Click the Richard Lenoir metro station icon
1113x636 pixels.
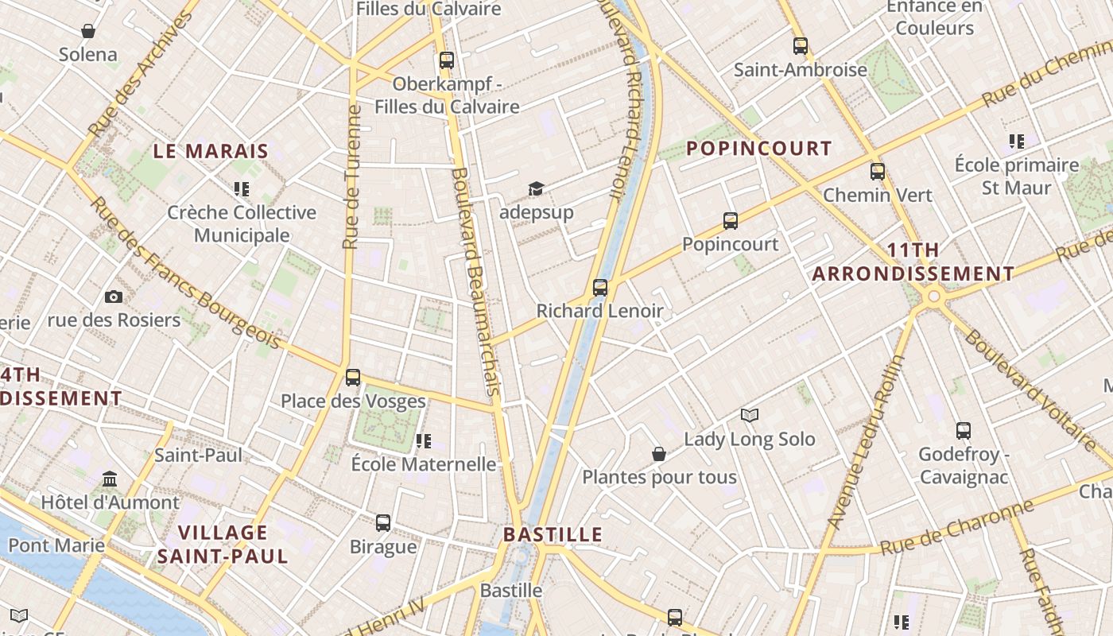(x=600, y=288)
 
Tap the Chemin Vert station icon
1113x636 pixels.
(x=878, y=172)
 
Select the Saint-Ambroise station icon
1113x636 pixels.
(x=801, y=46)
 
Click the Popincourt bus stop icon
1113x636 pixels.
(x=731, y=221)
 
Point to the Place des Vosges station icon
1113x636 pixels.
(x=353, y=378)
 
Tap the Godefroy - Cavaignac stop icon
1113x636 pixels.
(x=964, y=431)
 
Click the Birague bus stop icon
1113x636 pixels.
(x=383, y=523)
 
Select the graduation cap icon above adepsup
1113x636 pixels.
(x=537, y=189)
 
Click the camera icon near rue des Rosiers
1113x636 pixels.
(x=114, y=297)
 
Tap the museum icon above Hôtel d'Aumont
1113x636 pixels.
(x=111, y=479)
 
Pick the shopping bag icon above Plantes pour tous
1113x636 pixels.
(x=659, y=454)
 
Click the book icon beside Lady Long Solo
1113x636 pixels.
(x=750, y=415)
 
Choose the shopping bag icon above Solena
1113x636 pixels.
(x=88, y=31)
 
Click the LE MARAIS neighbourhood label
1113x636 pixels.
(x=211, y=151)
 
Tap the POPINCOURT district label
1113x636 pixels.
(x=758, y=149)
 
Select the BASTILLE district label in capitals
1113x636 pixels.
(x=553, y=534)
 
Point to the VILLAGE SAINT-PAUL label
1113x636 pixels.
(x=223, y=544)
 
